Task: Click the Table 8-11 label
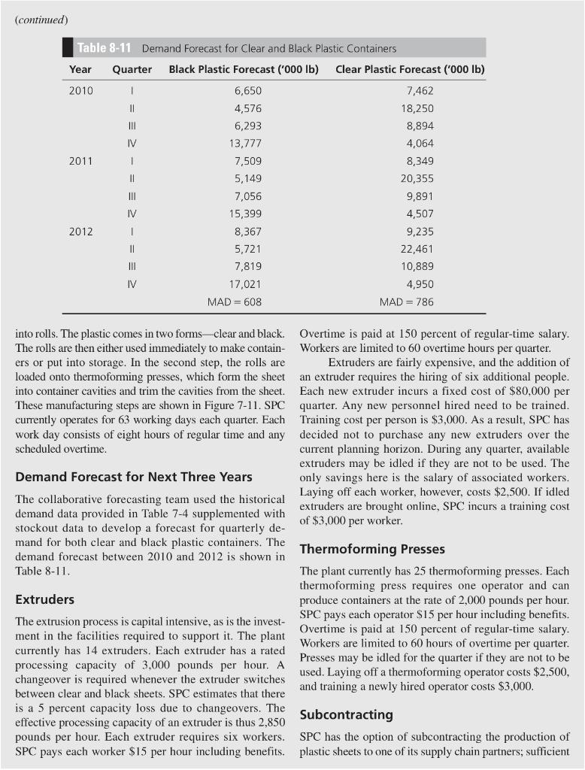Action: (105, 48)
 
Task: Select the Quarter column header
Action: (132, 69)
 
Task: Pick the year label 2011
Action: (80, 161)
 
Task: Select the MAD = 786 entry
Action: (410, 302)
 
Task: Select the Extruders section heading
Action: (44, 599)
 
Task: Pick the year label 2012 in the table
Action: (80, 232)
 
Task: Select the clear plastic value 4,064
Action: (419, 143)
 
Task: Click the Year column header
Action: (80, 69)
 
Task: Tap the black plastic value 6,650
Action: (247, 90)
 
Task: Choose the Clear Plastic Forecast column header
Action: (410, 69)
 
